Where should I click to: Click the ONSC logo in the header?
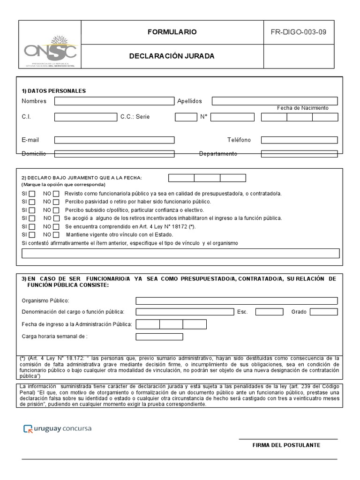click(x=50, y=48)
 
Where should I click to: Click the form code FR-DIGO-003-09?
click(x=299, y=32)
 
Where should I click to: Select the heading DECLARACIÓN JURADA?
click(x=172, y=56)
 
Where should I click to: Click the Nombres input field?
click(x=114, y=101)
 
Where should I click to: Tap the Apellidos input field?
click(x=274, y=101)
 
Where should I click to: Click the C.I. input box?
click(x=85, y=117)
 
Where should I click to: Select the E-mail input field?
click(x=114, y=140)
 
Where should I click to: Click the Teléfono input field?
click(x=299, y=140)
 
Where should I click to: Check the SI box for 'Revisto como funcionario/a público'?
click(x=32, y=194)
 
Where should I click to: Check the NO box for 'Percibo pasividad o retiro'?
click(x=56, y=202)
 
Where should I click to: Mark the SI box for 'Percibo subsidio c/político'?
click(x=32, y=210)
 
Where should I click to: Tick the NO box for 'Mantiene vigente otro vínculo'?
click(x=56, y=235)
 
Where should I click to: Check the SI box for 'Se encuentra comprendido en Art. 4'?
click(x=32, y=227)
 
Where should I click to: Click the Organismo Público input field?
click(x=236, y=301)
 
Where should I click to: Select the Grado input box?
click(x=323, y=312)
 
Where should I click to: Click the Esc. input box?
click(x=269, y=312)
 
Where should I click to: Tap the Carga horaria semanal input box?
click(x=159, y=337)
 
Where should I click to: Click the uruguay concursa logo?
click(x=57, y=428)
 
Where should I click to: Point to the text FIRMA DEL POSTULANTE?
click(x=286, y=445)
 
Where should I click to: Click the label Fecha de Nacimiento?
click(x=302, y=108)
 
